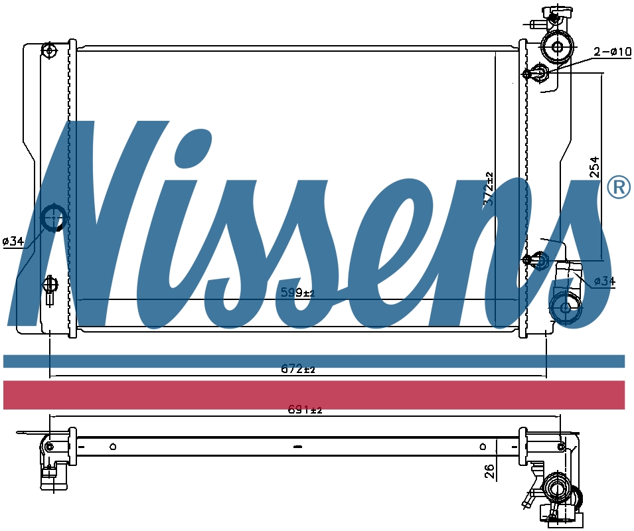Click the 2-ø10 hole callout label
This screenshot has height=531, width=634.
611,52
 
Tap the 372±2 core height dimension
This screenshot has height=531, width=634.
489,189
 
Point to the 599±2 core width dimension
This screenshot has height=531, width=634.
296,292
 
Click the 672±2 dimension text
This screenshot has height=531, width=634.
297,369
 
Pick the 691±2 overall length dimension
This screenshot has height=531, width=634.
305,410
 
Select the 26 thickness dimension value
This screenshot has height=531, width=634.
490,471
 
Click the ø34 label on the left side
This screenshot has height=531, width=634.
13,241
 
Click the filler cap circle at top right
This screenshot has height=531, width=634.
557,47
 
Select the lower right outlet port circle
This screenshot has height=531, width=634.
566,308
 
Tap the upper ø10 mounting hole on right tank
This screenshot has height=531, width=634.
527,74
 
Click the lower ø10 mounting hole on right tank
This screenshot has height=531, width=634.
527,260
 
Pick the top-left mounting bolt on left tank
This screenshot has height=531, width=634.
50,50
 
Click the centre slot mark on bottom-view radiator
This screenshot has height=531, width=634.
297,446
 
